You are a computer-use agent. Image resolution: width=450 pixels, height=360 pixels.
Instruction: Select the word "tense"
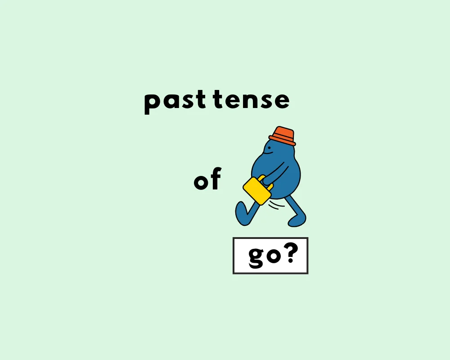click(251, 100)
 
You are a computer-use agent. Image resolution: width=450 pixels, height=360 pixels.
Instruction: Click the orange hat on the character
click(283, 135)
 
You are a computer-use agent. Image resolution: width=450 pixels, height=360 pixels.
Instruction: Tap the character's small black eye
click(270, 145)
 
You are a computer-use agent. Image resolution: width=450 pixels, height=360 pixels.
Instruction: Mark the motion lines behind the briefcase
click(277, 205)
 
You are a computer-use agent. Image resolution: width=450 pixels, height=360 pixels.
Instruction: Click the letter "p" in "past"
click(152, 103)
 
